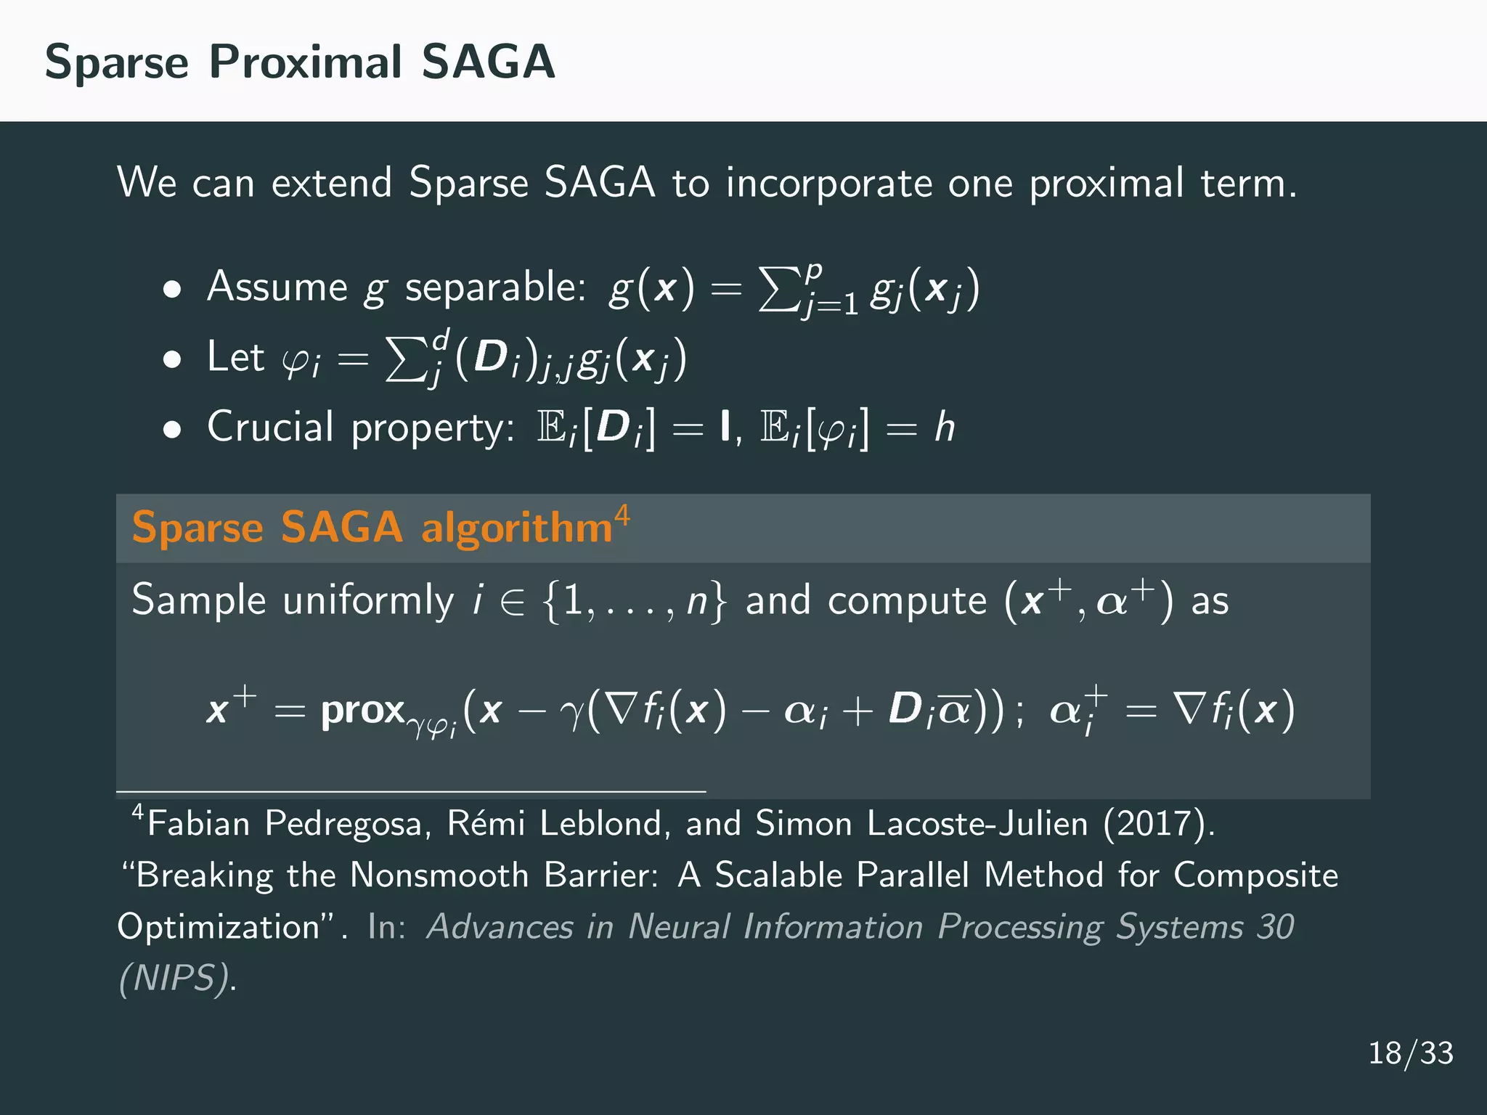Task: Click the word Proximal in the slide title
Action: [305, 62]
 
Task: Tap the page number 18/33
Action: [1410, 1053]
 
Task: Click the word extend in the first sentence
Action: [331, 182]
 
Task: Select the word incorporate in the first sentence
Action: [828, 184]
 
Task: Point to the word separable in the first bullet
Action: [495, 287]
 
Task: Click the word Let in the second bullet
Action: [235, 356]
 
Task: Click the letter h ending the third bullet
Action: [944, 427]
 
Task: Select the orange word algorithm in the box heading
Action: [517, 528]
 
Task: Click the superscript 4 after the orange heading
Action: [622, 516]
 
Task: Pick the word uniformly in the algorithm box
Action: [368, 601]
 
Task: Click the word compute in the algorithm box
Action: [907, 601]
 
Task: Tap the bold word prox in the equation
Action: [362, 710]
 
